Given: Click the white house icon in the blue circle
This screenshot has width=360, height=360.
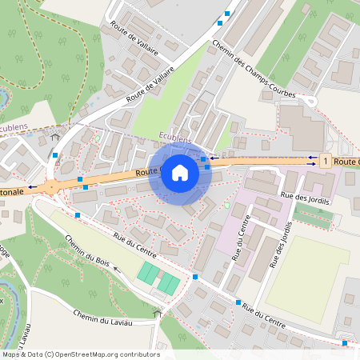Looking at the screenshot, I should (x=180, y=173).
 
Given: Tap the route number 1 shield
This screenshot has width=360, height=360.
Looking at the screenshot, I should (x=325, y=162).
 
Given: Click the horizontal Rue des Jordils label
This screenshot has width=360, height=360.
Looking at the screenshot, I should (x=305, y=198).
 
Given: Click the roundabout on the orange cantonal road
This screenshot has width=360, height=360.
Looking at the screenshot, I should (x=52, y=188).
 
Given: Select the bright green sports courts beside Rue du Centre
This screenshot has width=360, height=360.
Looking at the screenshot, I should (x=158, y=278).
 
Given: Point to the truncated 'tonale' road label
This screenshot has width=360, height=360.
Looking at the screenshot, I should (x=18, y=193).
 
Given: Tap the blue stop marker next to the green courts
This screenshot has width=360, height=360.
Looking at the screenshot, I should (x=195, y=277).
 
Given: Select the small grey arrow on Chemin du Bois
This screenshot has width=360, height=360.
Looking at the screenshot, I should (x=118, y=270).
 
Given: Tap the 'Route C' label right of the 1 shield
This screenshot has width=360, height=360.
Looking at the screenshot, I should (x=347, y=162).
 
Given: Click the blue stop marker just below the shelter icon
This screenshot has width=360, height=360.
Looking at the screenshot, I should (x=54, y=155).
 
